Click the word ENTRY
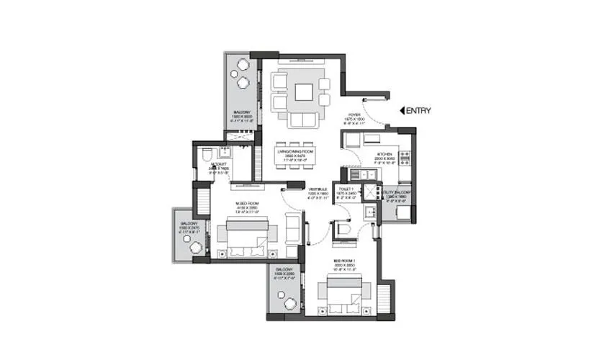click(x=419, y=110)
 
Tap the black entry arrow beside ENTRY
click(x=403, y=110)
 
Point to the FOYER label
click(x=354, y=114)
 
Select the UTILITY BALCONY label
click(x=397, y=192)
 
